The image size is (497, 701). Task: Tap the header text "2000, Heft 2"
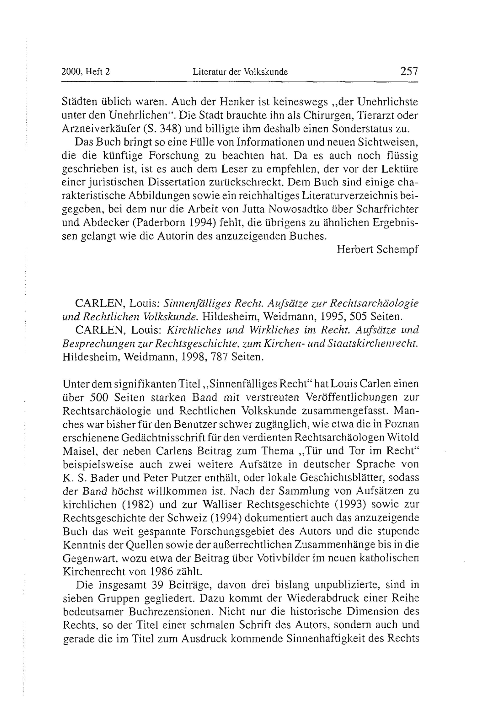click(x=86, y=72)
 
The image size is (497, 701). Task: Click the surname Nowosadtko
click(x=295, y=209)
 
